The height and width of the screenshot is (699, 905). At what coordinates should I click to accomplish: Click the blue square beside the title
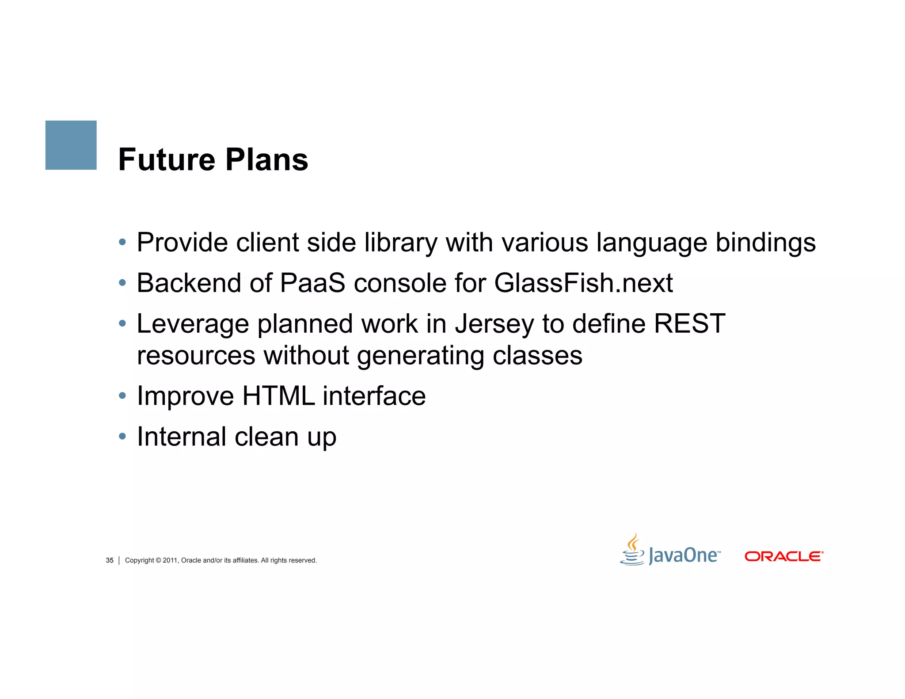tap(71, 145)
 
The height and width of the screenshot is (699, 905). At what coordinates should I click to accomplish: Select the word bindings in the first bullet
tap(765, 243)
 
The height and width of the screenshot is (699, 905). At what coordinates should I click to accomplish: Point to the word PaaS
tap(312, 283)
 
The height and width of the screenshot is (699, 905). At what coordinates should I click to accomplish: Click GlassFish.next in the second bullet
tap(583, 283)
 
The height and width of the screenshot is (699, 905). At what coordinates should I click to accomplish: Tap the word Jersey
tap(494, 324)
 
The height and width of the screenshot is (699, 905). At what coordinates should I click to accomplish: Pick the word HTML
tap(278, 395)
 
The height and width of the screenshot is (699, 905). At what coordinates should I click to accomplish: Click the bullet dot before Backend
tap(122, 283)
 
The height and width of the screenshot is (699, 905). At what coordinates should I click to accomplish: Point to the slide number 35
tap(110, 560)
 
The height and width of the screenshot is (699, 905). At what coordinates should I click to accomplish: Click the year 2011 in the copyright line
tap(170, 560)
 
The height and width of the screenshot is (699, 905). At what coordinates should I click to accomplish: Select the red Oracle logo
tap(783, 556)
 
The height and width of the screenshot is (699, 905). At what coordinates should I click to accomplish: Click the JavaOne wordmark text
tap(683, 555)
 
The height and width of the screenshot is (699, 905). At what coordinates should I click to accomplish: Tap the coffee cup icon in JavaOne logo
tap(632, 550)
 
